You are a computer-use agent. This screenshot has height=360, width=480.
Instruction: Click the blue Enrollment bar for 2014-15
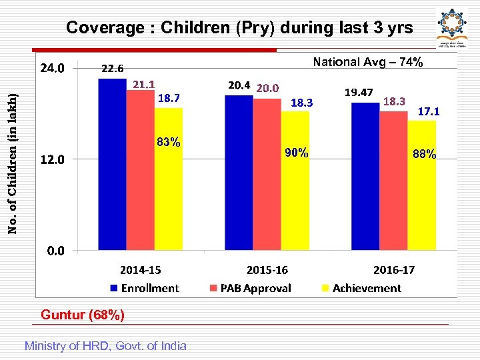[112, 164]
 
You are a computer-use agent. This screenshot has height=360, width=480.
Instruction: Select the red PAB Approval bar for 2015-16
[267, 175]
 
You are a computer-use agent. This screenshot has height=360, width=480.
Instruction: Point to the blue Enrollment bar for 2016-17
[365, 177]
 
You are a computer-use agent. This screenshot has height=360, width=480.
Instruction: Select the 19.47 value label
[358, 91]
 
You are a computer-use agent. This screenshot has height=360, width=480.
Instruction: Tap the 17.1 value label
[428, 112]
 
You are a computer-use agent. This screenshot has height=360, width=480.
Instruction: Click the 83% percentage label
[168, 142]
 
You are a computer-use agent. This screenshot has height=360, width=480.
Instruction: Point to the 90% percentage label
[296, 153]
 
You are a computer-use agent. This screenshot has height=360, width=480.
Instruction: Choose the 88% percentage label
[424, 154]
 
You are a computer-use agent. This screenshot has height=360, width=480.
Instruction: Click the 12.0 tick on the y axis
[53, 160]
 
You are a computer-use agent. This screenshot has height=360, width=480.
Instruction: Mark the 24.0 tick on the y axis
[53, 68]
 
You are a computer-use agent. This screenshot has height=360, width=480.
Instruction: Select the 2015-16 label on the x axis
[267, 270]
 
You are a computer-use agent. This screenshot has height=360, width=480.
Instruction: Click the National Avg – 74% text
[367, 62]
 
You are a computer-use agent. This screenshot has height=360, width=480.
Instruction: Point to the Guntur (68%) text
[83, 315]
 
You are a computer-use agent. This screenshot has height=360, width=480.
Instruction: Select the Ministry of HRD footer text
[105, 345]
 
